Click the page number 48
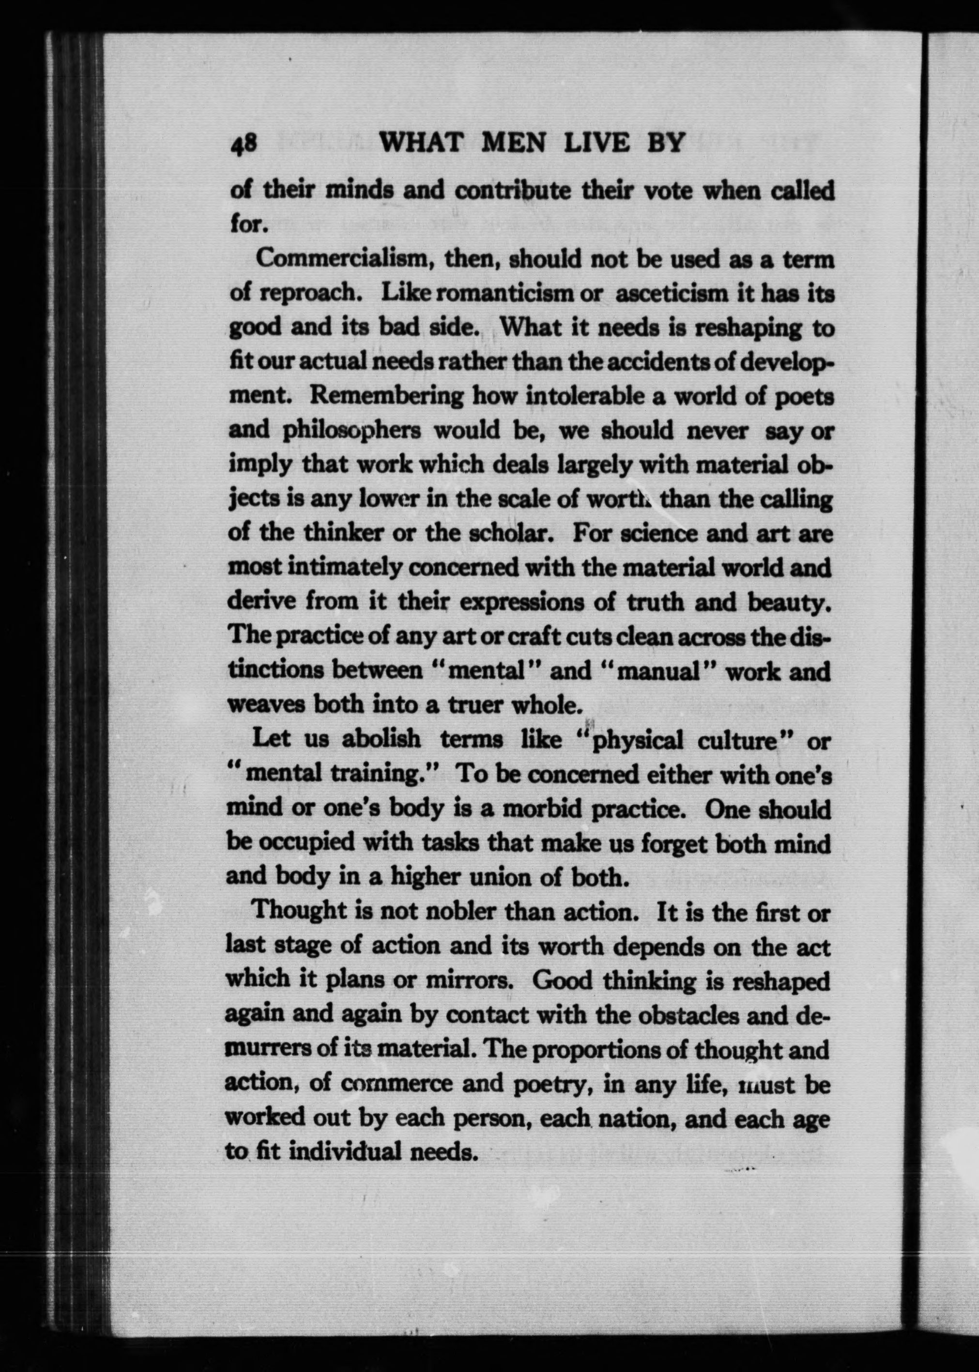coord(244,145)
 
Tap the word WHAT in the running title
coord(421,143)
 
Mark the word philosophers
coord(352,430)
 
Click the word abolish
coord(381,739)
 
